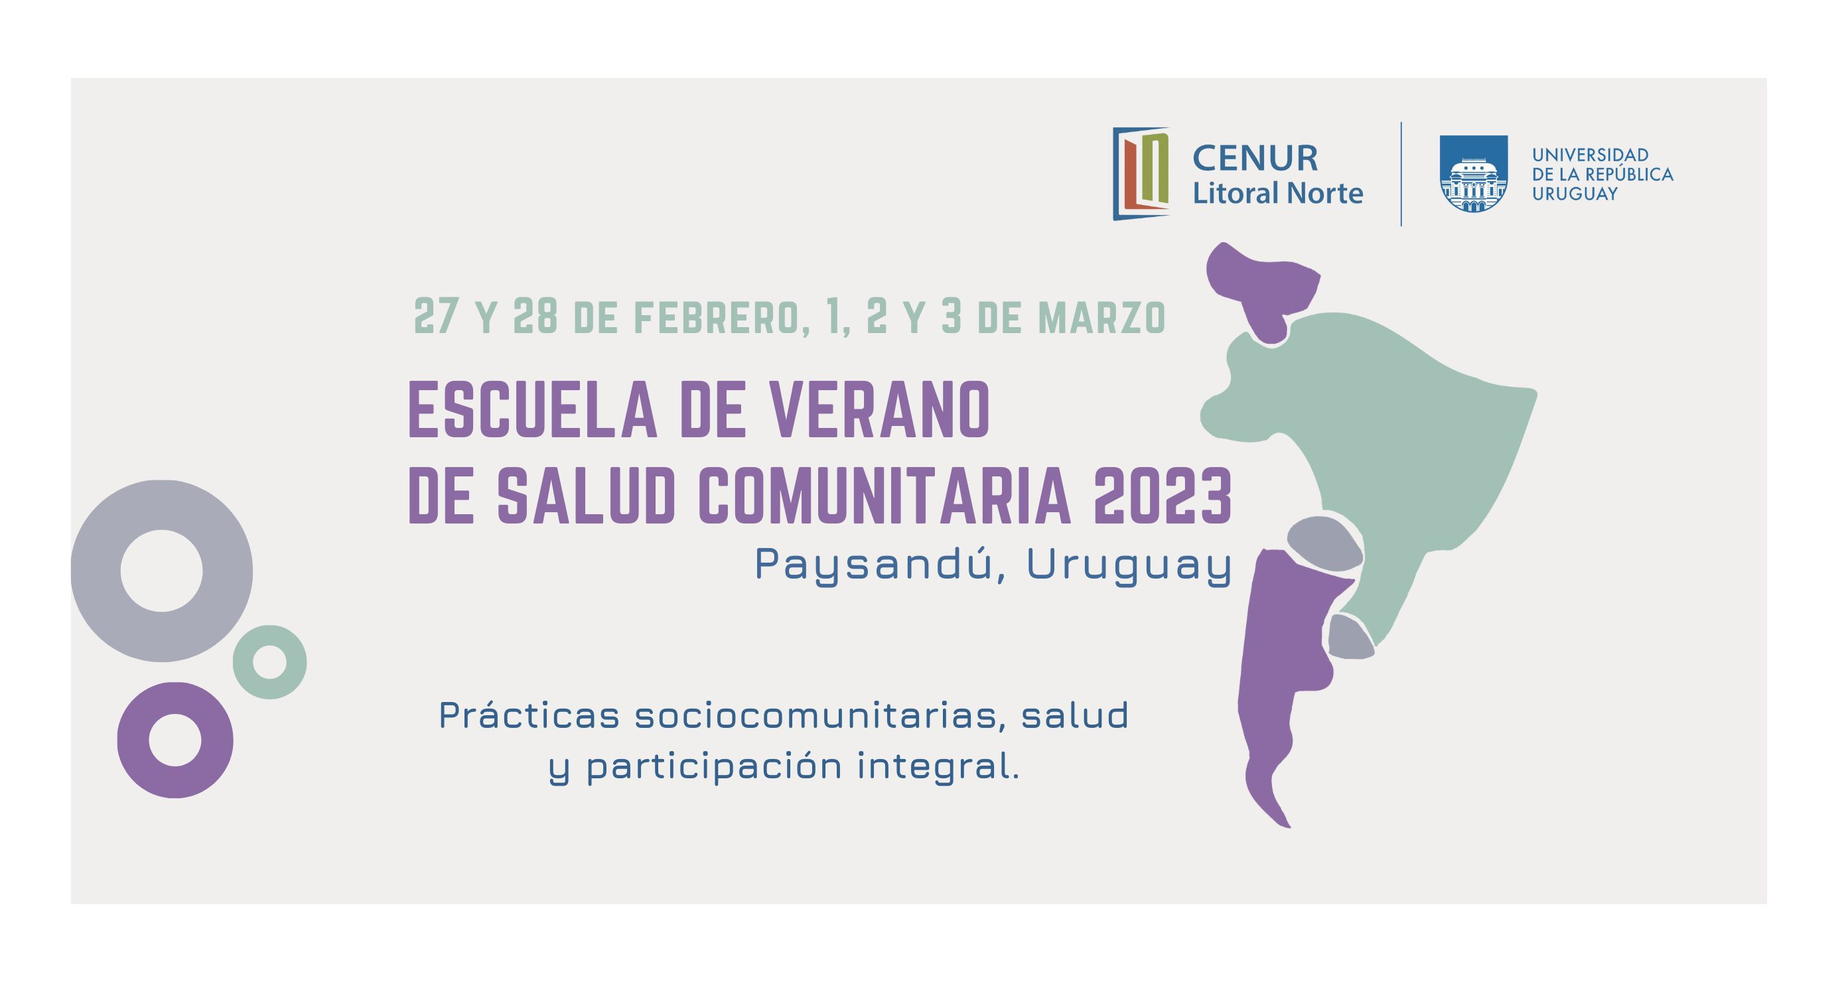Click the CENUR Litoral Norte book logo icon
click(1141, 173)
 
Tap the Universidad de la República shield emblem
click(1474, 174)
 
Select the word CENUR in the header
click(1255, 159)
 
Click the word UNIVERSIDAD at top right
click(1591, 155)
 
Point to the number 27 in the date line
click(435, 315)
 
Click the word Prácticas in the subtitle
click(529, 716)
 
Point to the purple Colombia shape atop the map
click(1259, 285)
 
